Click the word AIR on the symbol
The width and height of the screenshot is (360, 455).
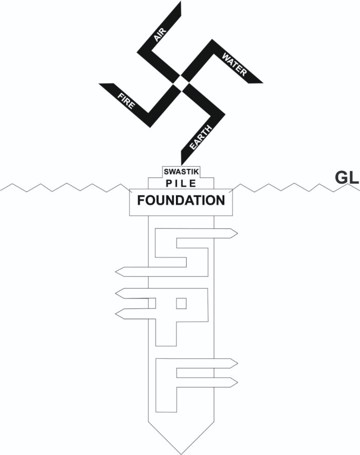160,35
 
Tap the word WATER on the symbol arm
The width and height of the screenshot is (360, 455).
234,64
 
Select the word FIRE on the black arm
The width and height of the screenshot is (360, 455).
127,100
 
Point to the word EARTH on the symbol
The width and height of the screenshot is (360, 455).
201,137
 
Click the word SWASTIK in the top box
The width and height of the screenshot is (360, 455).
182,171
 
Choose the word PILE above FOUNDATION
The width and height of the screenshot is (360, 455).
181,183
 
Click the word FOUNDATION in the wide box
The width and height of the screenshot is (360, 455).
181,200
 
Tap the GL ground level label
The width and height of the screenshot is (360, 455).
347,178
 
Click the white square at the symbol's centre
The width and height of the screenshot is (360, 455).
181,83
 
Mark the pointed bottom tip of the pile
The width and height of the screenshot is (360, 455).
182,454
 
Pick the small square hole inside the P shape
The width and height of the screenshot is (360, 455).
182,304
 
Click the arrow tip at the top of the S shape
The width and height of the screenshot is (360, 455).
238,233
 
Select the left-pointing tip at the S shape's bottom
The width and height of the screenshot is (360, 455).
116,272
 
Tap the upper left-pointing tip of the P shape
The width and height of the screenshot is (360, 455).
116,293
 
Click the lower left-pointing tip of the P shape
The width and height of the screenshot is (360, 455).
116,314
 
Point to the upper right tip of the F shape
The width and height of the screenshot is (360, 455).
238,363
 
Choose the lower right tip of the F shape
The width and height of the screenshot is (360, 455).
238,382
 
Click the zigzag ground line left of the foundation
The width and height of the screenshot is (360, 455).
65,187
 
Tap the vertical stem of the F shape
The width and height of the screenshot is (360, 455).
166,386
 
